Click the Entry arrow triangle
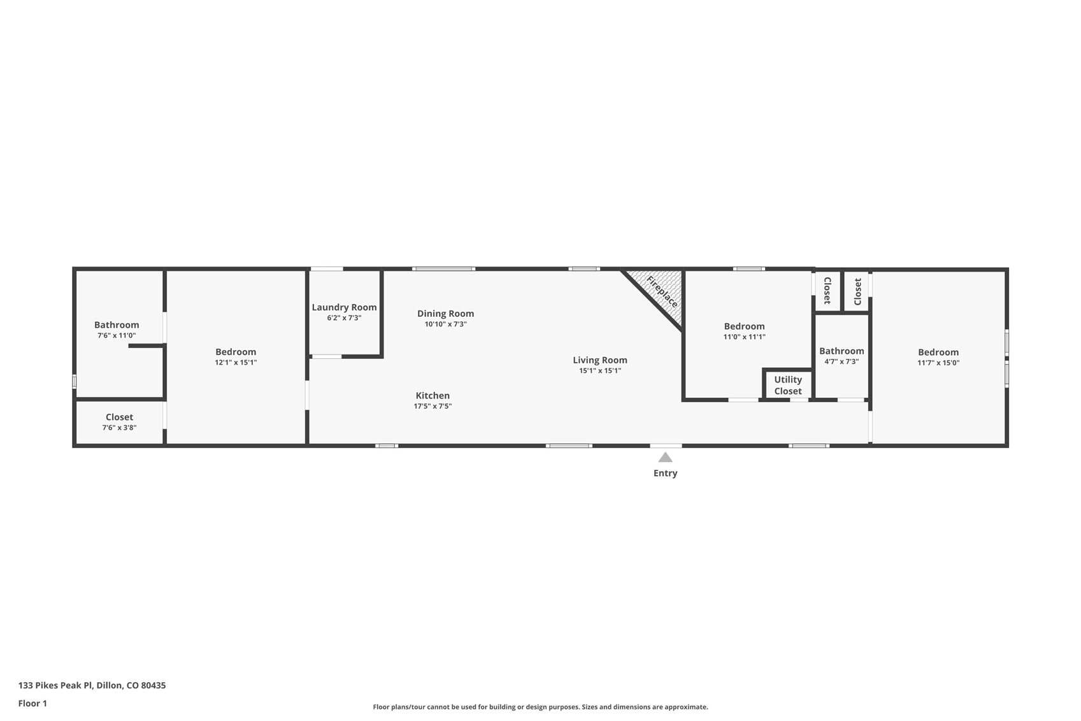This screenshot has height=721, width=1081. [665, 457]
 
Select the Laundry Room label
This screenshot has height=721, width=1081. [344, 307]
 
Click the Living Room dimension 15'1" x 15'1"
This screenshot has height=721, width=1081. [599, 370]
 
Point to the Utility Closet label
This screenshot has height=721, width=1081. [788, 385]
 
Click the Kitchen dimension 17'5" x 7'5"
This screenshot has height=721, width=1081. [433, 406]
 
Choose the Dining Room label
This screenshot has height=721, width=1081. [445, 314]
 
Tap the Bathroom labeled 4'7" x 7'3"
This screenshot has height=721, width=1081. [841, 351]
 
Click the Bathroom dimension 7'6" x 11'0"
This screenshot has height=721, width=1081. [117, 335]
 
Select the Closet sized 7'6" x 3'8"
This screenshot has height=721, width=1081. [119, 418]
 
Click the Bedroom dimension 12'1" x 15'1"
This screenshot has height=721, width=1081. [236, 362]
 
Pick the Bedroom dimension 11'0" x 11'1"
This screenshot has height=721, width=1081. [744, 337]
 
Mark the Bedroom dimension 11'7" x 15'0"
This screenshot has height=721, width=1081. [938, 363]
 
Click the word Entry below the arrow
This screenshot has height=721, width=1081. [665, 473]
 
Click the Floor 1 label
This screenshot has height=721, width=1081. [32, 703]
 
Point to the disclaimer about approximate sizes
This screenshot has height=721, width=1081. [540, 707]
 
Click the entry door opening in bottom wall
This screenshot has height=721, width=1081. [666, 445]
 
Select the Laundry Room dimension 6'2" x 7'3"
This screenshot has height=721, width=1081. [344, 317]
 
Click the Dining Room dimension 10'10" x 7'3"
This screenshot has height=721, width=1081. [445, 324]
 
